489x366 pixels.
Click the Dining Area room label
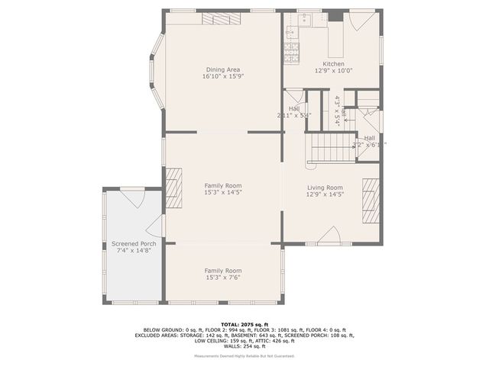(x=222, y=69)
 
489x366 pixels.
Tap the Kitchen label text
(x=333, y=64)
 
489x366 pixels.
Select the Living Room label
(x=325, y=188)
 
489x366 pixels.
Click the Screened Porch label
(x=123, y=244)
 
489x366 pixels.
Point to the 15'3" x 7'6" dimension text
(x=222, y=278)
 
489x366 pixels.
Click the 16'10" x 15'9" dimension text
(x=222, y=76)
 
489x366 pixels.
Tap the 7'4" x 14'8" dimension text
(x=123, y=251)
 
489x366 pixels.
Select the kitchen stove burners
(x=290, y=52)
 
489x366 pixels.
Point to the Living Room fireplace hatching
(x=371, y=199)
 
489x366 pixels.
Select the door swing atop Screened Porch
(x=131, y=198)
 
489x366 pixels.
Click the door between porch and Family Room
(x=156, y=226)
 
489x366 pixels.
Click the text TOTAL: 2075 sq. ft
(x=244, y=324)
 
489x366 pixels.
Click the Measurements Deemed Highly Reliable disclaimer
(x=244, y=355)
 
